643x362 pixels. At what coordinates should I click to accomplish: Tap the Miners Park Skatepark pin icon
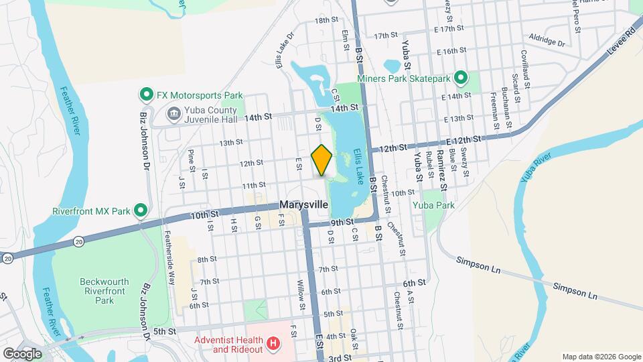460,78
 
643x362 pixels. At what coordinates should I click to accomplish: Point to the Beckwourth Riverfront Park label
104,290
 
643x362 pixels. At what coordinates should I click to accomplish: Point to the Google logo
23,353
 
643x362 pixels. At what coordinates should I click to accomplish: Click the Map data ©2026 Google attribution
600,356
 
